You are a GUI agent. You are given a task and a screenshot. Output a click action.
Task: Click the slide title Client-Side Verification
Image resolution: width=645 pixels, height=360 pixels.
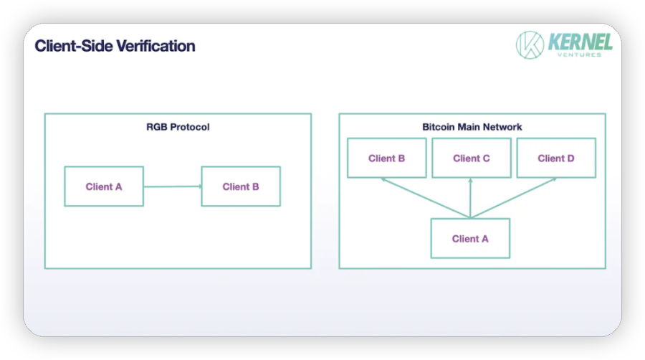(x=115, y=46)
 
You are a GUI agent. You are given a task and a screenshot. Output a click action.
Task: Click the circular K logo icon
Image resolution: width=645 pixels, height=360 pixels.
(x=530, y=45)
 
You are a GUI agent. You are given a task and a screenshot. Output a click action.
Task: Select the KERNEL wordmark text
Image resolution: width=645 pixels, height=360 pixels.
(x=580, y=42)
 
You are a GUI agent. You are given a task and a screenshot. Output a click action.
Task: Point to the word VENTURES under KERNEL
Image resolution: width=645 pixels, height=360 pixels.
(x=580, y=55)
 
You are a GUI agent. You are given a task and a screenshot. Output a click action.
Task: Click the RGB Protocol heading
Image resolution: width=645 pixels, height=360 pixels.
(x=178, y=127)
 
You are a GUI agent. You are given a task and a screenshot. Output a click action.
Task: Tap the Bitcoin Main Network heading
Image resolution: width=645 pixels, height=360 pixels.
(x=472, y=127)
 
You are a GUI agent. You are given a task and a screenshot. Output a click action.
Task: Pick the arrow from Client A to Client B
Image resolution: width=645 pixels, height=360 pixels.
(x=173, y=186)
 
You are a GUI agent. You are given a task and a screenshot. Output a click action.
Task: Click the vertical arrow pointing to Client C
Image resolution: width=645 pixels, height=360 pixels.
(x=470, y=198)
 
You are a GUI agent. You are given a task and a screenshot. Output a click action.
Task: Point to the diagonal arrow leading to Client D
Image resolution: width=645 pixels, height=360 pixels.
(x=513, y=197)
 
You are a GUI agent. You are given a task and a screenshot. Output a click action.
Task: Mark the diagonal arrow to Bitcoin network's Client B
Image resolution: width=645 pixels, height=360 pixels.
(x=425, y=197)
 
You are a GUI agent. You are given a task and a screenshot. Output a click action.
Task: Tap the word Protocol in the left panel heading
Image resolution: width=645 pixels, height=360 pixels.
(x=191, y=127)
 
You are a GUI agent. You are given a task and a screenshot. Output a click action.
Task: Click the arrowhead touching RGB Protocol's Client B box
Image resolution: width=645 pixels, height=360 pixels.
(x=201, y=186)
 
